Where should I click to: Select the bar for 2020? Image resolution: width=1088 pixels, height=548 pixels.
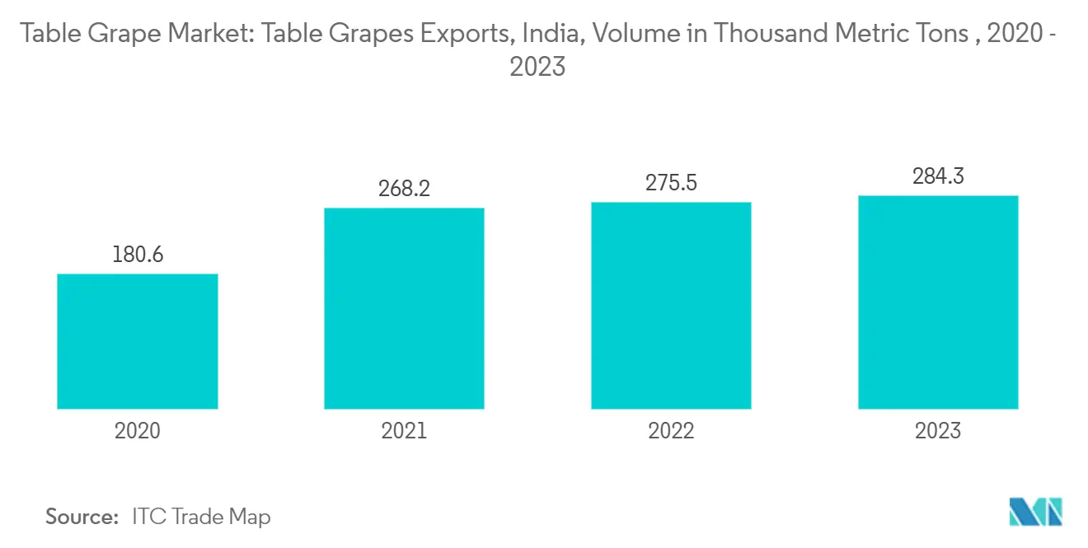(137, 341)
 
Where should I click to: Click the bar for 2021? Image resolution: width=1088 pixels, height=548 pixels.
(404, 308)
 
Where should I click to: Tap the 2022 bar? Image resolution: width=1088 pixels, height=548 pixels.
(671, 306)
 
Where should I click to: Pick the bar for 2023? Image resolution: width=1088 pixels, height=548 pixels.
(938, 302)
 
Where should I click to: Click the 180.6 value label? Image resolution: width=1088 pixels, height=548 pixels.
(138, 255)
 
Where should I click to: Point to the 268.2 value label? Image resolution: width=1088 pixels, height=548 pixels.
(404, 189)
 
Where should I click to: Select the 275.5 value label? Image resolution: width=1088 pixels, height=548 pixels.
(671, 182)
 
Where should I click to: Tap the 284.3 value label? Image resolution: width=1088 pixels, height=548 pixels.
(938, 176)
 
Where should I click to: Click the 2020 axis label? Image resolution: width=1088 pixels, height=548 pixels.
(138, 430)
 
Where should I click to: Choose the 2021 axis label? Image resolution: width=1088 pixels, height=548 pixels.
(404, 430)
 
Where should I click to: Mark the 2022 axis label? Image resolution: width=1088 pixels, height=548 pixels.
(671, 430)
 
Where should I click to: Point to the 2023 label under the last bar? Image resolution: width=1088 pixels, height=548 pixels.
(938, 430)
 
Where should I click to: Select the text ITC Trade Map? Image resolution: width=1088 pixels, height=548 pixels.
(201, 517)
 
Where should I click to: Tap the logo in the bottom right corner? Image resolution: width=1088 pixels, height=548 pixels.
(1035, 512)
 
